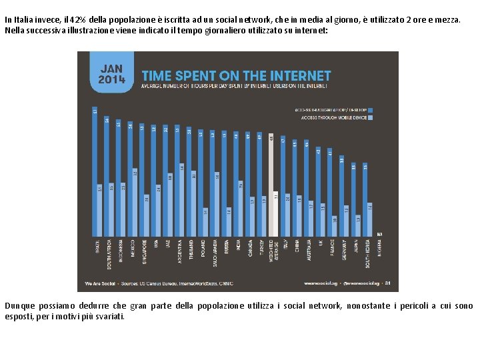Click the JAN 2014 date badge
tap(111, 73)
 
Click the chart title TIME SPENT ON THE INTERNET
tap(235, 76)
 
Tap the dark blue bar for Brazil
tap(95, 173)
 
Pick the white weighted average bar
tap(271, 187)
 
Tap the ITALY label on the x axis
tap(285, 245)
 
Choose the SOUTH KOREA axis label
tap(367, 251)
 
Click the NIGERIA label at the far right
tap(379, 247)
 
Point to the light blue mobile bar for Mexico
tap(135, 203)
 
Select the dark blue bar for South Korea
tap(365, 200)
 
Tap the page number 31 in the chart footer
tap(387, 283)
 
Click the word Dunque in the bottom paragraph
tap(18, 306)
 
